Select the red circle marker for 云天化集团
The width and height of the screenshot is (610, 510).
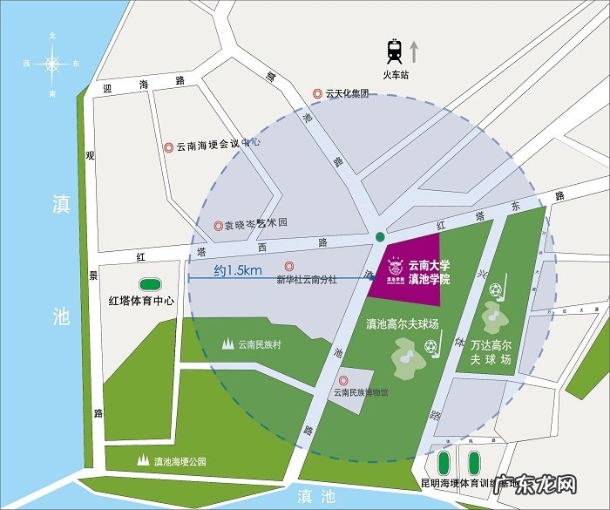(x=319, y=93)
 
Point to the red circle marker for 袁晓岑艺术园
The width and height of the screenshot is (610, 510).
(x=218, y=225)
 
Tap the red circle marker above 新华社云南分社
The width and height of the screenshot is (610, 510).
(x=288, y=266)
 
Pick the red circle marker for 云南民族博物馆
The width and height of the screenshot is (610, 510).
(x=343, y=379)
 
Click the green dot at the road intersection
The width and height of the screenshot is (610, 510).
(x=378, y=237)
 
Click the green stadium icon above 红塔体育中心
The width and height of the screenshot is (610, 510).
(x=150, y=284)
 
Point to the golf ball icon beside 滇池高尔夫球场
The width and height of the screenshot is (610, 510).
(x=430, y=347)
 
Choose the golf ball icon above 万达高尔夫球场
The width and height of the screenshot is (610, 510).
(x=496, y=289)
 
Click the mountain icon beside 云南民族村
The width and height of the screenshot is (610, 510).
(x=228, y=343)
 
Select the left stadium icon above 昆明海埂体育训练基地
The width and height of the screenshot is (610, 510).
(x=444, y=461)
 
